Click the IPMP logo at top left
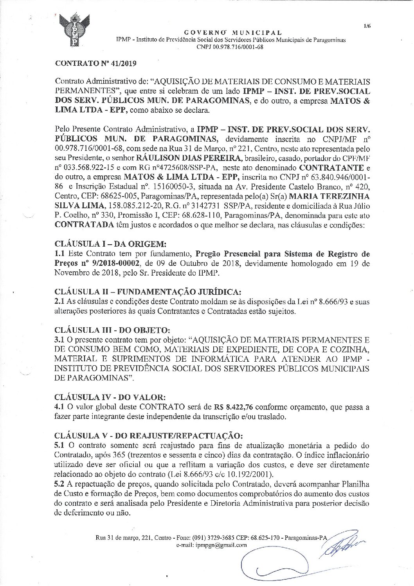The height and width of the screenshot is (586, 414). [74, 30]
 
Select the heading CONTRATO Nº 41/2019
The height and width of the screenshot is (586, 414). [93, 62]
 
